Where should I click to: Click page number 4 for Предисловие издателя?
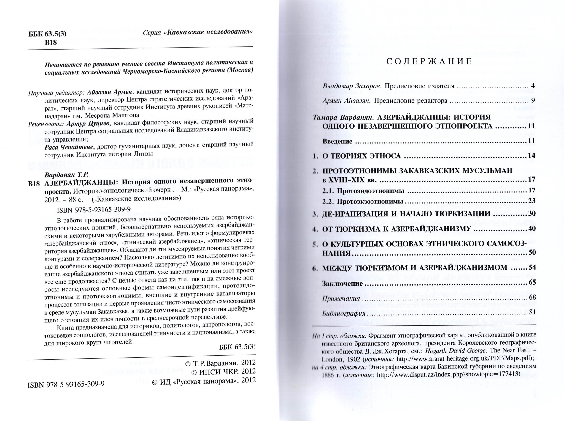tap(533, 86)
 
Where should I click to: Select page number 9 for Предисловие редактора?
tap(533, 100)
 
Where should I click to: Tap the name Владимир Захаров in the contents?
tap(352, 86)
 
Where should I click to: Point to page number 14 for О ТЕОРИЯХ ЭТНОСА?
tap(531, 155)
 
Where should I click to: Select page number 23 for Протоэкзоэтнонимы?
tap(531, 201)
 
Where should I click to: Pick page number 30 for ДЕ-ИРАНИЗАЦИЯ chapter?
tap(531, 213)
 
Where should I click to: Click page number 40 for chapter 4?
tap(531, 228)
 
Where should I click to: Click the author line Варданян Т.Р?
tap(67, 175)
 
